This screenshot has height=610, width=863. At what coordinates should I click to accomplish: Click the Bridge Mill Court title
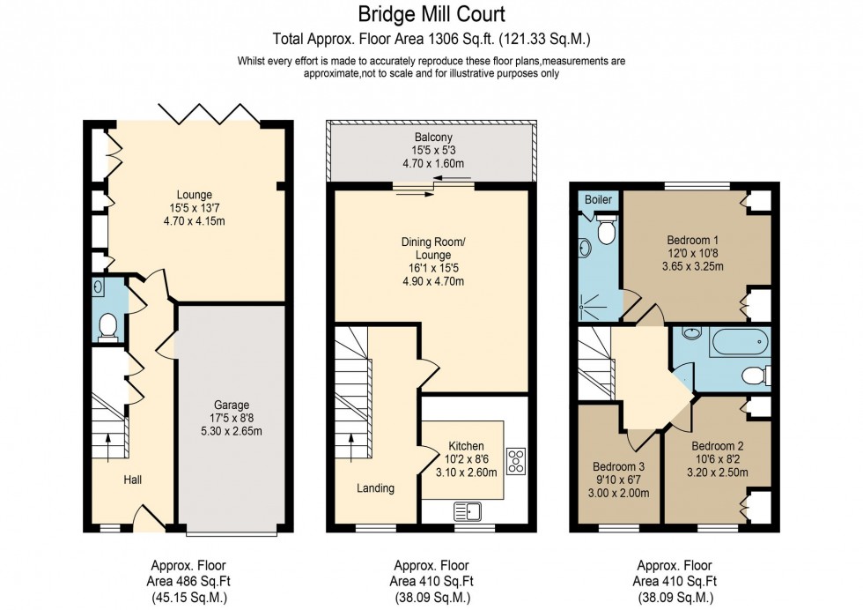pos(431,14)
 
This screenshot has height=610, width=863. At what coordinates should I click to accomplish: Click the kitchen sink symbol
pos(466,509)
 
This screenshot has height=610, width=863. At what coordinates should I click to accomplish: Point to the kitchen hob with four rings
pos(515,459)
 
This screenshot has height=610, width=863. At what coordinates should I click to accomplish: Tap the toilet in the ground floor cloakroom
pos(108,325)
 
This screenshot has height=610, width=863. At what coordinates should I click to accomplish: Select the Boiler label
pos(598,200)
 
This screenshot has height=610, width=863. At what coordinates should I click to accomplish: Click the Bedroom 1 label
pos(691,238)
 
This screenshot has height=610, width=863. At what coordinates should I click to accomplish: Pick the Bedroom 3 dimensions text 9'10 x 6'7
pos(611,480)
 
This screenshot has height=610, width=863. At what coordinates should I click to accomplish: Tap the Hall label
pos(132,480)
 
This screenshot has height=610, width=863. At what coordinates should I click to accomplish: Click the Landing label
pos(375,487)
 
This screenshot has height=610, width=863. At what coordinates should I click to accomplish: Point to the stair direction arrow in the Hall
pos(108,450)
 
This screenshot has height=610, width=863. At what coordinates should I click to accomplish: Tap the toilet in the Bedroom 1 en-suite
pos(604,231)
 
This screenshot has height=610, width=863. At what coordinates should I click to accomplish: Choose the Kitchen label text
pos(467,446)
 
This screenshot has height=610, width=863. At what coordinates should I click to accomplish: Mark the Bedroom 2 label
pos(717,445)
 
